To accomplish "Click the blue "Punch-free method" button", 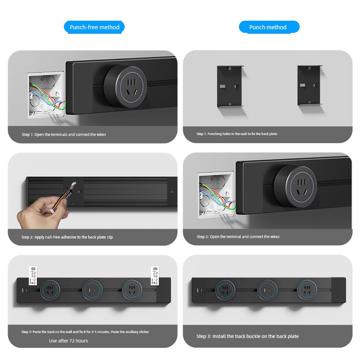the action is click(94, 27).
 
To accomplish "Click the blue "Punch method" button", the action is click(269, 27).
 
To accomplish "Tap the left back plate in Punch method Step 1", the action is click(229, 86).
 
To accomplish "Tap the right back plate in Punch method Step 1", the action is click(310, 85).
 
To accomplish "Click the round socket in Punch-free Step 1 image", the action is click(125, 86).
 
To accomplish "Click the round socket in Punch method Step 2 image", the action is click(296, 186).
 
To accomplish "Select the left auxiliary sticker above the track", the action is click(33, 276).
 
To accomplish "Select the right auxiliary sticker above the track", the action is click(155, 275).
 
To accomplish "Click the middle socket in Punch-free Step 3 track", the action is click(92, 290).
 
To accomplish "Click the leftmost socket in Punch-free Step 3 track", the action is click(50, 290).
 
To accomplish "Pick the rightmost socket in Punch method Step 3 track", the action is click(307, 290).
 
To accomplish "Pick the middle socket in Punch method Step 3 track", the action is click(267, 290).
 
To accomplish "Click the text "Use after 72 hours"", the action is click(68, 341).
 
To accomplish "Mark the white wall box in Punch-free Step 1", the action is click(45, 95).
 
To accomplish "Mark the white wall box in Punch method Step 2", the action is click(216, 195).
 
